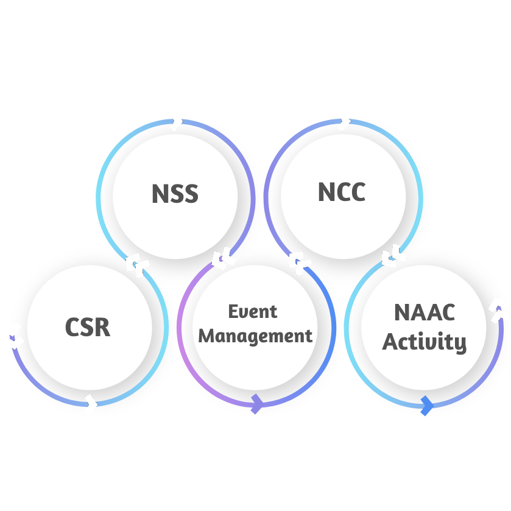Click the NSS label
175,194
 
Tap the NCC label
342,192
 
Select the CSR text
88,327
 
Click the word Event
253,311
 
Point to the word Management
256,335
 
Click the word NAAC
425,313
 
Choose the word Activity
424,342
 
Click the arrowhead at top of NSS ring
175,121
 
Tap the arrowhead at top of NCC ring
344,121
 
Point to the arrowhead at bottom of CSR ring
91,403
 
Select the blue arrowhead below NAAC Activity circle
427,404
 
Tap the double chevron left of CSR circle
12,336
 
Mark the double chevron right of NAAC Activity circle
500,309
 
